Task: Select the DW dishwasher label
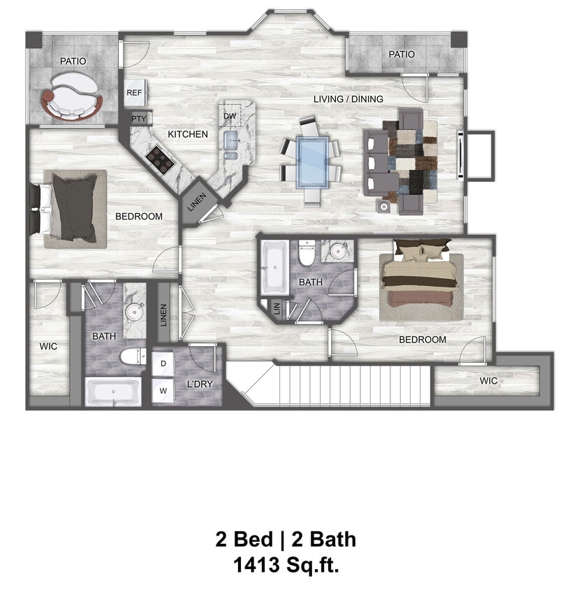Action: tap(230, 115)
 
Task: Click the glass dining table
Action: tap(311, 161)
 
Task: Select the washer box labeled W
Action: tap(163, 391)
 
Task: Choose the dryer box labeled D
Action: tap(163, 364)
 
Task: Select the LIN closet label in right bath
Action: tap(277, 308)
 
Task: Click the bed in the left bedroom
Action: tap(73, 208)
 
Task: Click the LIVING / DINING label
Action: tap(348, 99)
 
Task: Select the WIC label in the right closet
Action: tap(489, 381)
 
